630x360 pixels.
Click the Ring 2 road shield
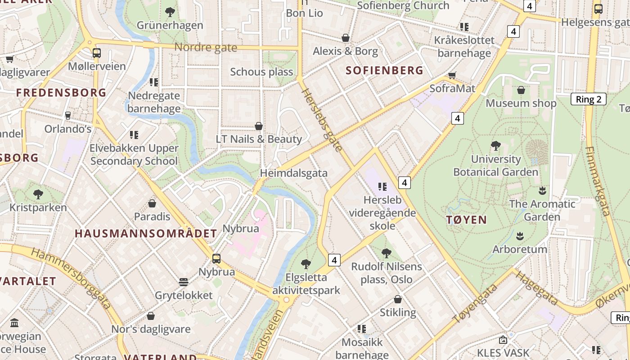588,99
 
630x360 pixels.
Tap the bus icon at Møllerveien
96,53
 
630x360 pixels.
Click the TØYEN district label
467,220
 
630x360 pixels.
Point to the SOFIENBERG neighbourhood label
385,70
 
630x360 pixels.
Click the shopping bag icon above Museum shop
521,90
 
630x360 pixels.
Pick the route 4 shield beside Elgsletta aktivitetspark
334,260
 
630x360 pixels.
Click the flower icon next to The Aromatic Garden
542,190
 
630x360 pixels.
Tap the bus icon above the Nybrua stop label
216,259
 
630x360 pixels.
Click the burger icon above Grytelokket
183,282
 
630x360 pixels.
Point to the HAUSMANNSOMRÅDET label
146,234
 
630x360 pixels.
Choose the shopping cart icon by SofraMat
452,75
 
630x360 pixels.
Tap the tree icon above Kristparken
38,194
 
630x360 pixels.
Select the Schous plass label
261,72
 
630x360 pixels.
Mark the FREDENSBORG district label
61,93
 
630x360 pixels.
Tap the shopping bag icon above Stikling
398,299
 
